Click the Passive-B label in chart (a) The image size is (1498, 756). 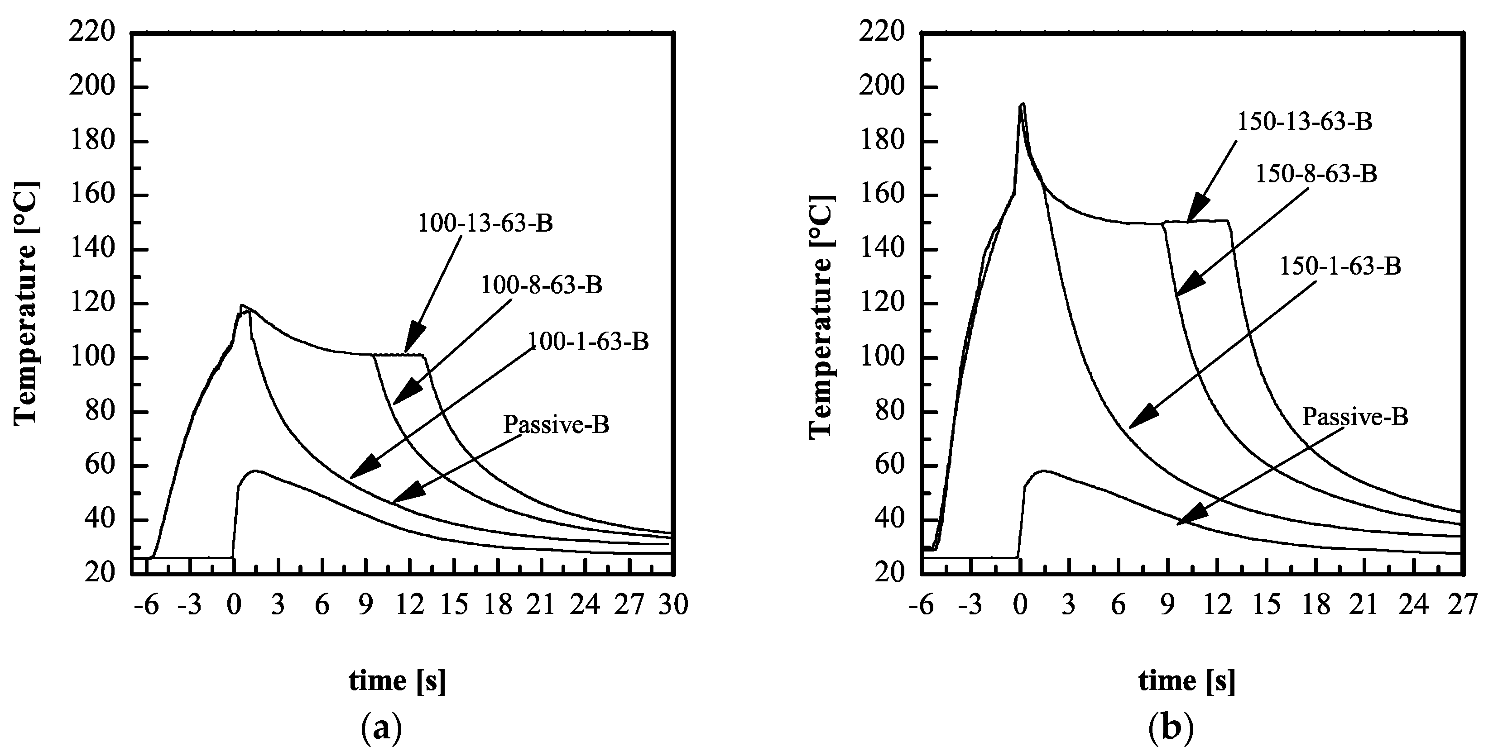pos(556,424)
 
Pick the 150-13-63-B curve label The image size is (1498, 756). pos(1304,122)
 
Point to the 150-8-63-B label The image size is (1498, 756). pos(1316,174)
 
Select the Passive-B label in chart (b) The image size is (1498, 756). pos(1355,417)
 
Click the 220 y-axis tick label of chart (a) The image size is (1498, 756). pos(91,33)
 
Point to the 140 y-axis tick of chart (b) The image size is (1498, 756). pos(882,249)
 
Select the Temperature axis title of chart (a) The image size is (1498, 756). pos(26,303)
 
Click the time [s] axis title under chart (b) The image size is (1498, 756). pos(1186,680)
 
